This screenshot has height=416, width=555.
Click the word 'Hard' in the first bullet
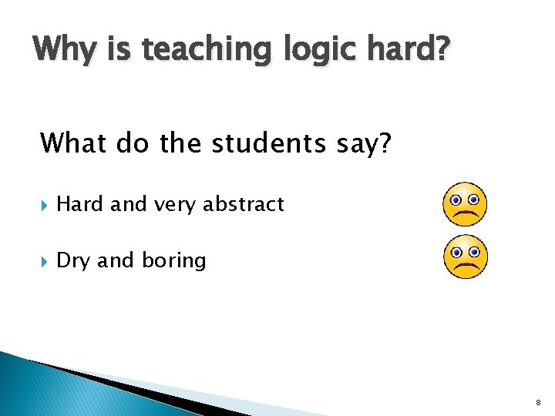[81, 204]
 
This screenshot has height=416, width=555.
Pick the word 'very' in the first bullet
[174, 205]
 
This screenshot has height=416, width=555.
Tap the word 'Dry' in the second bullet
[74, 261]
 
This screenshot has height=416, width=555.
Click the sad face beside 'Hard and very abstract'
[466, 204]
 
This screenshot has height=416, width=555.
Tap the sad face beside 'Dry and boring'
[466, 257]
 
